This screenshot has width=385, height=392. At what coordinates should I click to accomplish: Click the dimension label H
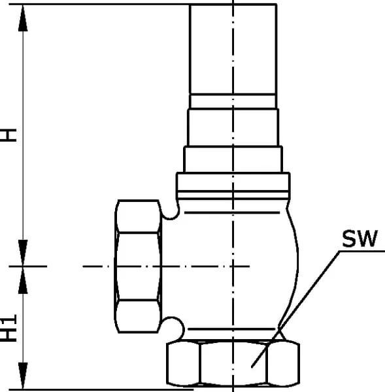[x=8, y=135]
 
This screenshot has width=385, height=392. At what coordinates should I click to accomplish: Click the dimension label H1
[x=8, y=328]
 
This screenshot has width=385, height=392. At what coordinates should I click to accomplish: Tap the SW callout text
[x=360, y=238]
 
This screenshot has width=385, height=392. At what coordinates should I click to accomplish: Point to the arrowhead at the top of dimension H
[x=23, y=18]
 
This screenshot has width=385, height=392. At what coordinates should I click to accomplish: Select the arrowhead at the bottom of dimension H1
[x=23, y=376]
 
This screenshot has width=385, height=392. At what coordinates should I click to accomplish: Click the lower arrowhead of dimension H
[x=23, y=253]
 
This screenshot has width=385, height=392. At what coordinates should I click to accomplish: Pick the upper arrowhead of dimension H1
[x=23, y=280]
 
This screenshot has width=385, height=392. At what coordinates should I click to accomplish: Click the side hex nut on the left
[x=138, y=267]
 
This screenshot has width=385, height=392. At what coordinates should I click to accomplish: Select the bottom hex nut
[x=233, y=363]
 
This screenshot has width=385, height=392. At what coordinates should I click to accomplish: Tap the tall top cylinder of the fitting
[x=233, y=49]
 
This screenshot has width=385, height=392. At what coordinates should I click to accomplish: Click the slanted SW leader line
[x=295, y=309]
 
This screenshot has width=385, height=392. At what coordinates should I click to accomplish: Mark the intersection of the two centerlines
[x=233, y=267]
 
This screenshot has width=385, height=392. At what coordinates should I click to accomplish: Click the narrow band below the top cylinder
[x=233, y=101]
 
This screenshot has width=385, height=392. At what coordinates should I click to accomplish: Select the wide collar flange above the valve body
[x=233, y=186]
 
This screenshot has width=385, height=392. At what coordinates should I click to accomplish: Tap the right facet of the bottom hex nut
[x=283, y=363]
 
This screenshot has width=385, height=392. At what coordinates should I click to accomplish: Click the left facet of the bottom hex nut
[x=184, y=363]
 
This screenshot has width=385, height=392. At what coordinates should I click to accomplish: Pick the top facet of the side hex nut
[x=138, y=216]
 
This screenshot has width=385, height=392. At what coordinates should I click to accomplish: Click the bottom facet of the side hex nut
[x=138, y=316]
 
